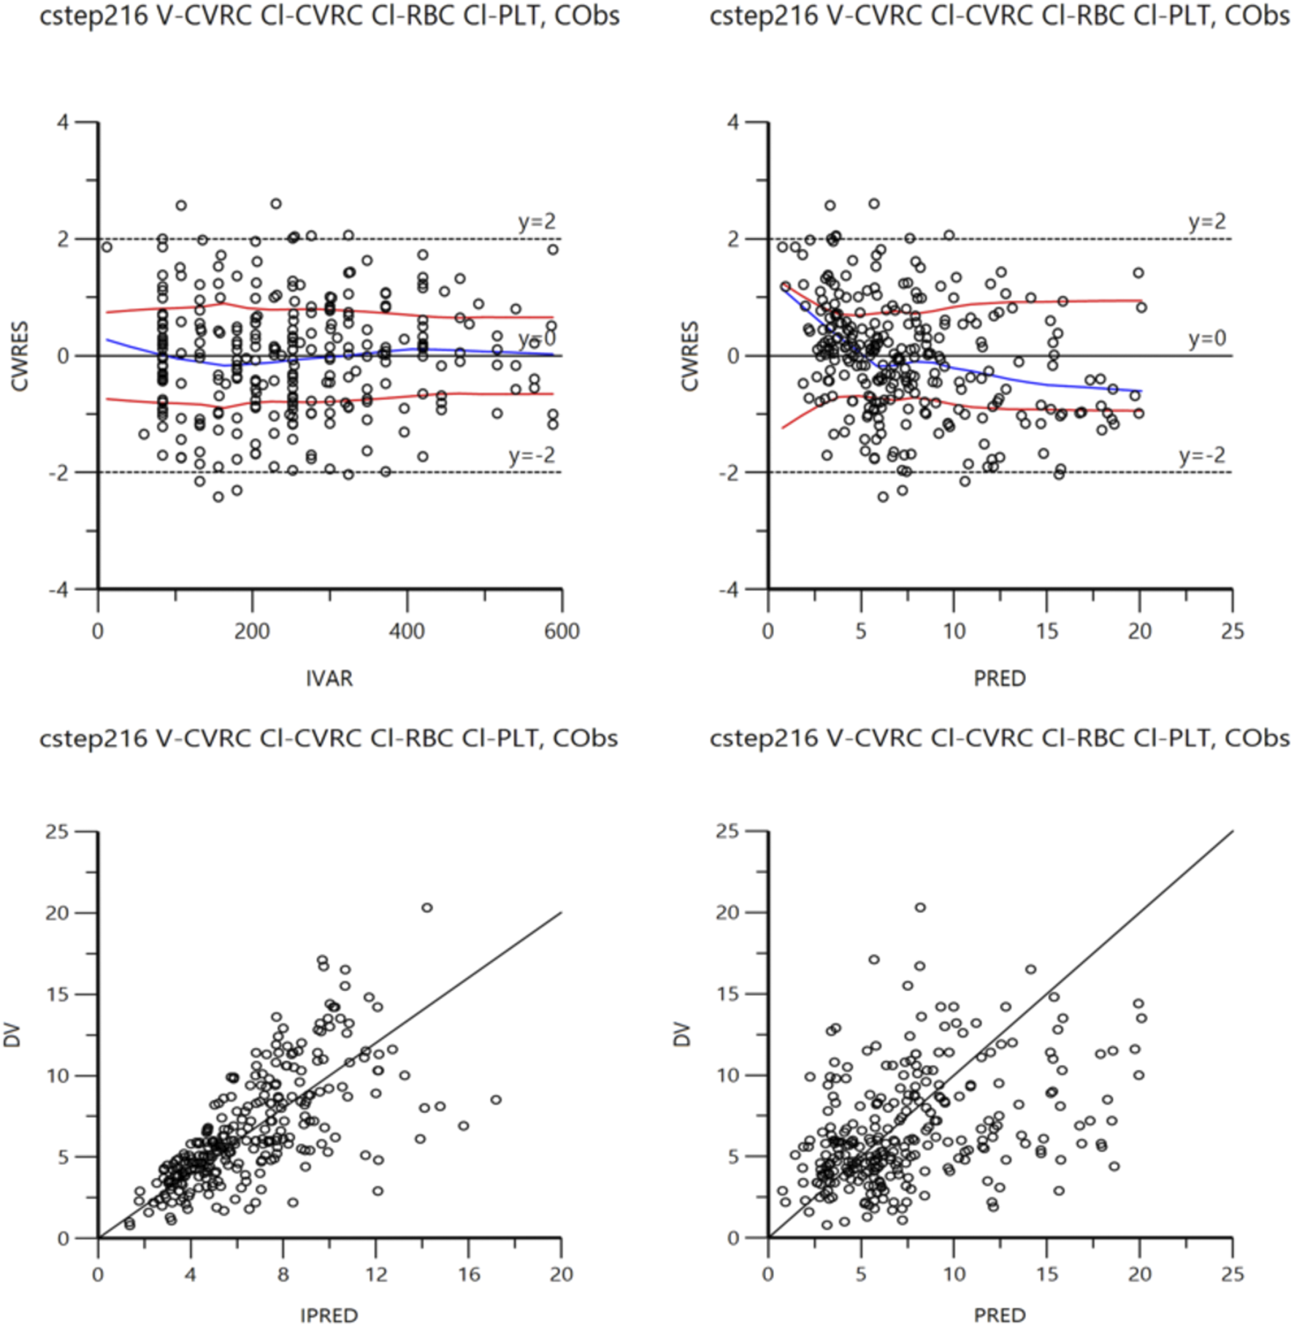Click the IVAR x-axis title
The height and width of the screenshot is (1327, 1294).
[x=329, y=678]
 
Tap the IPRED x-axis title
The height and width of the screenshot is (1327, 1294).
[x=329, y=1315]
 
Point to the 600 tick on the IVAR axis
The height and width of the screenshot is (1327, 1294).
[x=562, y=631]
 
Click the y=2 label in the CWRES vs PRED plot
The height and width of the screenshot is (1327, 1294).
[x=1206, y=221]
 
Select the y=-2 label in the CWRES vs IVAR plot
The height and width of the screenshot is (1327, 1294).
[x=532, y=456]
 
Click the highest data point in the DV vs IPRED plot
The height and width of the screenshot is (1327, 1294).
[x=427, y=908]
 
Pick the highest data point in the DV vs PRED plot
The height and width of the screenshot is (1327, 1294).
[x=920, y=908]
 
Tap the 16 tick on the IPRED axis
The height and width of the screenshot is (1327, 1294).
[x=469, y=1274]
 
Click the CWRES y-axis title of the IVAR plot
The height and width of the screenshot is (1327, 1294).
[x=20, y=356]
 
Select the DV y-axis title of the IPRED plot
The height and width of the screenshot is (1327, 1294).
[x=12, y=1035]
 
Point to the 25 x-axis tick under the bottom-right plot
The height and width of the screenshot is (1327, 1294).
[x=1232, y=1274]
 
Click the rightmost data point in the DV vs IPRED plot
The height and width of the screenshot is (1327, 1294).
[x=496, y=1100]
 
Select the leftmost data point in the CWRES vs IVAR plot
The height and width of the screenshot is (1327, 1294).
[x=107, y=247]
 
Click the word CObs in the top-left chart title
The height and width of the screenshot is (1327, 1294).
[x=586, y=16]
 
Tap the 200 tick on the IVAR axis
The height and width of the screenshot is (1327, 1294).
[x=252, y=631]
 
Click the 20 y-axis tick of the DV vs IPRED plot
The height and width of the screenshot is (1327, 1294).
[x=56, y=913]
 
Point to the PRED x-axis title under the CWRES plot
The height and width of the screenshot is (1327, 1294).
[x=999, y=678]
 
